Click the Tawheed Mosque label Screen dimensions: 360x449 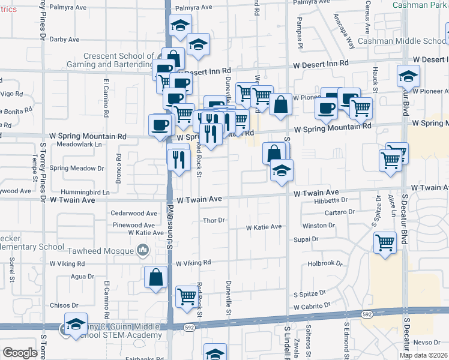coord(104,249)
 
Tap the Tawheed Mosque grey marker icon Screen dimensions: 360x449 coord(143,249)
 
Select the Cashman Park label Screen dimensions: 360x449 coord(420,5)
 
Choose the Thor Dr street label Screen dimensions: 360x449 coord(213,221)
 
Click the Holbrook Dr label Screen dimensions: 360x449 coord(325,263)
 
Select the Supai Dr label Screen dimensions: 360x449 coord(306,239)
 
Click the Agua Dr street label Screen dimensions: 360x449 coord(83,277)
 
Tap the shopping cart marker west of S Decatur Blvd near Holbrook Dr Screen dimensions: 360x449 coord(385,243)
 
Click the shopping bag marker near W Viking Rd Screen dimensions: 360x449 coord(155,277)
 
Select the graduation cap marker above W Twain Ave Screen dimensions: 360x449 coord(282,171)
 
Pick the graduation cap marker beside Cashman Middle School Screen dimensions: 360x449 coord(408,77)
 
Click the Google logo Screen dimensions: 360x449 coord(19,353)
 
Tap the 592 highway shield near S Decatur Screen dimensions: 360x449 coord(366,314)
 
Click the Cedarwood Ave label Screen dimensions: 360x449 coord(134,213)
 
